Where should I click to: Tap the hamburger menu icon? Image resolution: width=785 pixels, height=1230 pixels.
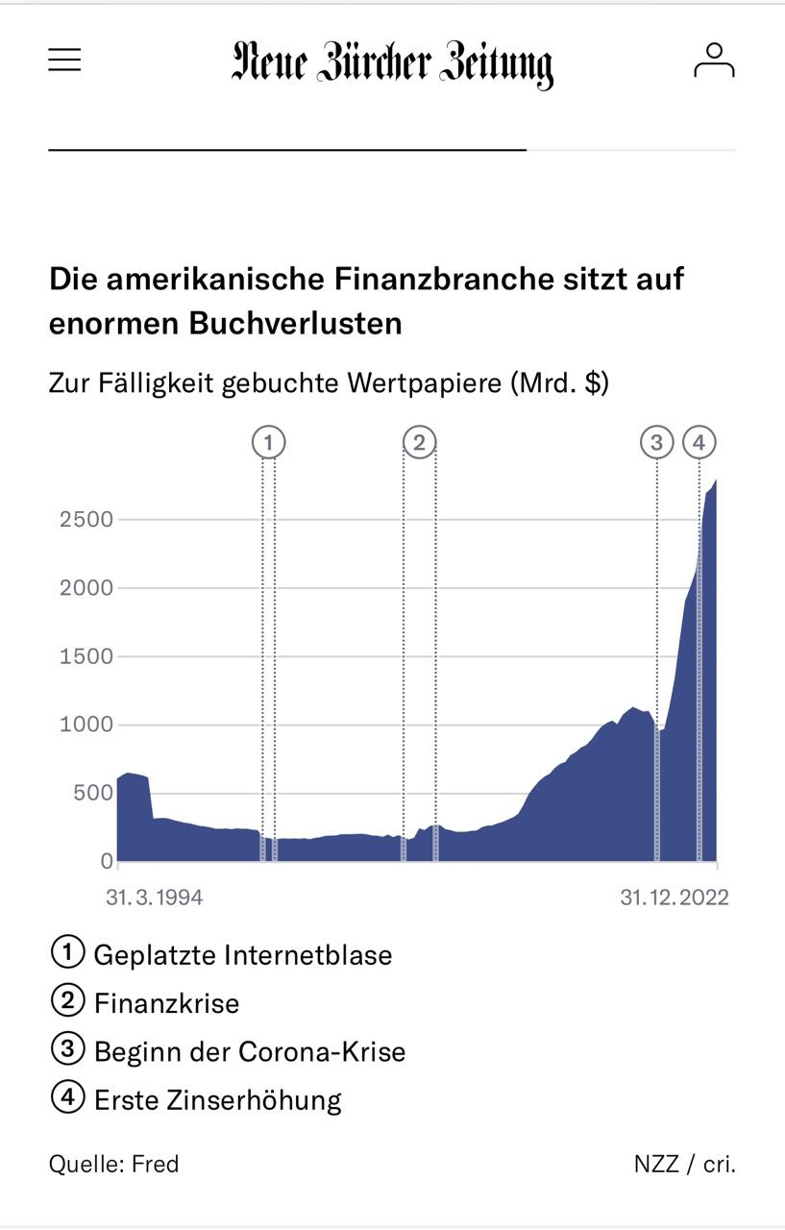pos(65,61)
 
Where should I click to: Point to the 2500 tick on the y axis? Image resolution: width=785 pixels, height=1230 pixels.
pos(86,520)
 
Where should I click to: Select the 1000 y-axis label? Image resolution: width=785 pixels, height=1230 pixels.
pos(86,726)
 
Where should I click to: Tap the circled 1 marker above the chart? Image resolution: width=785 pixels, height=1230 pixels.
pos(269,443)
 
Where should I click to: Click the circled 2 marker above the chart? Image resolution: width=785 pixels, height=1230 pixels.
pos(419,443)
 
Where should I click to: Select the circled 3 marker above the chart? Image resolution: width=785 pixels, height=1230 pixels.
pos(657,443)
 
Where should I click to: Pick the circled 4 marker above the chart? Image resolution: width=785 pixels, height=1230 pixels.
pos(699,443)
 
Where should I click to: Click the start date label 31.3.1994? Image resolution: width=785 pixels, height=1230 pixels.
pos(155,898)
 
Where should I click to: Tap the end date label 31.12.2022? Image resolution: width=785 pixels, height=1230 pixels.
pos(674,898)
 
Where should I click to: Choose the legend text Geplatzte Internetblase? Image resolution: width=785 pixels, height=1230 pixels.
pos(243,955)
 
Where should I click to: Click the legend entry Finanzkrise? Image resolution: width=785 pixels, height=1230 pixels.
pos(166,1003)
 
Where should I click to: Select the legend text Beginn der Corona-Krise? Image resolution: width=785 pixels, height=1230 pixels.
pos(250,1051)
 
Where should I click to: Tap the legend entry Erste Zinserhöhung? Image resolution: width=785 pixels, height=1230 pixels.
pos(218,1099)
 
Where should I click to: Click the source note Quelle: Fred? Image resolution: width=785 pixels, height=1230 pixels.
pos(114,1165)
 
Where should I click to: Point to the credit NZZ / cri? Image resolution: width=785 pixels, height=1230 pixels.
pos(684,1165)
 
